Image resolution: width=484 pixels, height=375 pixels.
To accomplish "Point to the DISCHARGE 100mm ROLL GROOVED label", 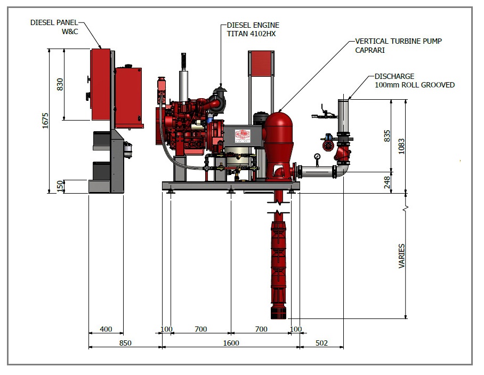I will point(414,81).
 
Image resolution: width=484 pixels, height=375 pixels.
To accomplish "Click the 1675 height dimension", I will point(45,121).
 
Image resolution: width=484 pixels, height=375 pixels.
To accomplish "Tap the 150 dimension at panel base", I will point(60,186).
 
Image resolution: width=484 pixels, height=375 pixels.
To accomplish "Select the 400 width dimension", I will point(106,329).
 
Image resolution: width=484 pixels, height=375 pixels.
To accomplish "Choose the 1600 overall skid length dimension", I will point(231,343).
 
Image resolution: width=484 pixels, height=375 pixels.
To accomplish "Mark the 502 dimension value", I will point(321,343).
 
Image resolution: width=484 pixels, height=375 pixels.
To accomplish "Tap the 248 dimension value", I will point(388,182).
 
